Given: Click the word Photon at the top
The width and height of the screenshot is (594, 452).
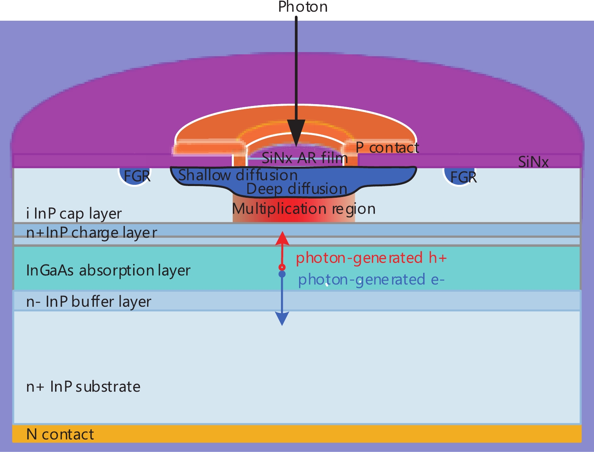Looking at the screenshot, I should [x=302, y=7].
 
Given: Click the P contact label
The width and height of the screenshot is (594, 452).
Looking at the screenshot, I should [x=387, y=148].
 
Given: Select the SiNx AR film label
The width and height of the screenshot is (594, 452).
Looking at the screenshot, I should [x=305, y=158].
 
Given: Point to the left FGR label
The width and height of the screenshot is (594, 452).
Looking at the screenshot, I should [x=137, y=176].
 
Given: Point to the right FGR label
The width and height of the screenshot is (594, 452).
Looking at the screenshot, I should [x=464, y=177].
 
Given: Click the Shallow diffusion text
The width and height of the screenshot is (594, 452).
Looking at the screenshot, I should [x=238, y=175].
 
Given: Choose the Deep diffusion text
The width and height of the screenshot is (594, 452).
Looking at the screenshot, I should [x=297, y=189].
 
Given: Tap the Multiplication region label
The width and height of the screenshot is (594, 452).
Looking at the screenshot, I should [x=304, y=209].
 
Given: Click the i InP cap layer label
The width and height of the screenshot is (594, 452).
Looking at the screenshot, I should [x=74, y=214].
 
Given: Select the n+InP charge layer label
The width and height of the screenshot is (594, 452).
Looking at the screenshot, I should [x=92, y=232].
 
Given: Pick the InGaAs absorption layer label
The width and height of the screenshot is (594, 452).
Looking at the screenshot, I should [x=108, y=270].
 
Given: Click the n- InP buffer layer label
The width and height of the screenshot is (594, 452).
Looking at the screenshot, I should [x=89, y=301].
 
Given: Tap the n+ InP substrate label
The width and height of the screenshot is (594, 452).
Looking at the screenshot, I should [x=83, y=387].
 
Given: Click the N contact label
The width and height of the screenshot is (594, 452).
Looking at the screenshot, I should [x=60, y=435].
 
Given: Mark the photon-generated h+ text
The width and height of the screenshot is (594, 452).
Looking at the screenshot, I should [x=371, y=258].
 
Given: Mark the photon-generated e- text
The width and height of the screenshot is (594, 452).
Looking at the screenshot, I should [x=371, y=280].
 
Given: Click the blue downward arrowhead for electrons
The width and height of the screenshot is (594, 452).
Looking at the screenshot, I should [x=282, y=319].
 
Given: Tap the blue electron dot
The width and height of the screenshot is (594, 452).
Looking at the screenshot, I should [x=282, y=274].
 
